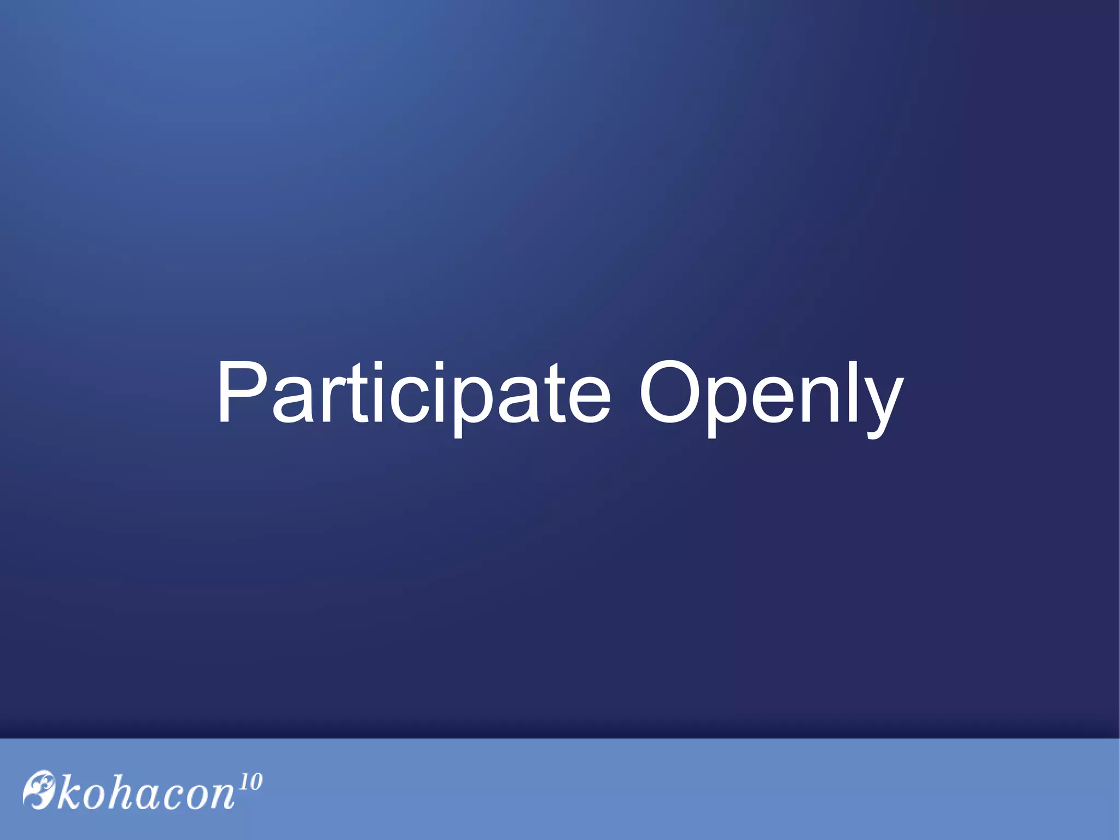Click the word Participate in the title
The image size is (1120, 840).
coord(413,393)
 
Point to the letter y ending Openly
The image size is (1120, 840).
coord(881,405)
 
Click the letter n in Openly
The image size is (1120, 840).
coord(819,399)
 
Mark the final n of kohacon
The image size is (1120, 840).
coord(223,797)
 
